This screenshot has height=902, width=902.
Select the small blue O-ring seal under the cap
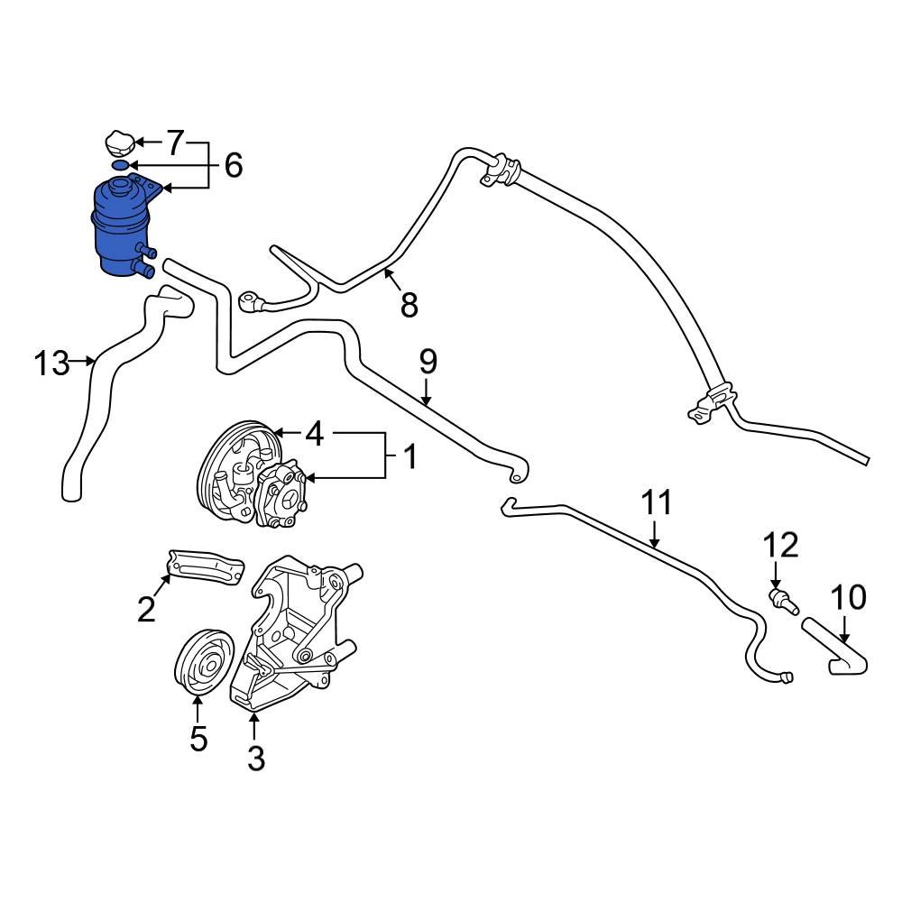[119, 165]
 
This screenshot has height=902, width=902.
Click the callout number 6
[233, 165]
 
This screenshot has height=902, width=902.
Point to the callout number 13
[51, 364]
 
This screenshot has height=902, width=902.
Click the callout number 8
[409, 305]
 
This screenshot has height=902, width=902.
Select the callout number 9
[428, 362]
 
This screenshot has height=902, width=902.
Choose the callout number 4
[313, 435]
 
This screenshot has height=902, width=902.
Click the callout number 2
[146, 611]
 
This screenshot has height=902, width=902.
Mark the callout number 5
[198, 739]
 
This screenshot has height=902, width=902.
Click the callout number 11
[658, 502]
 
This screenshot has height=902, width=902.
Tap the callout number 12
[781, 545]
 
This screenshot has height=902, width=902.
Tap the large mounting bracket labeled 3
[298, 631]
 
